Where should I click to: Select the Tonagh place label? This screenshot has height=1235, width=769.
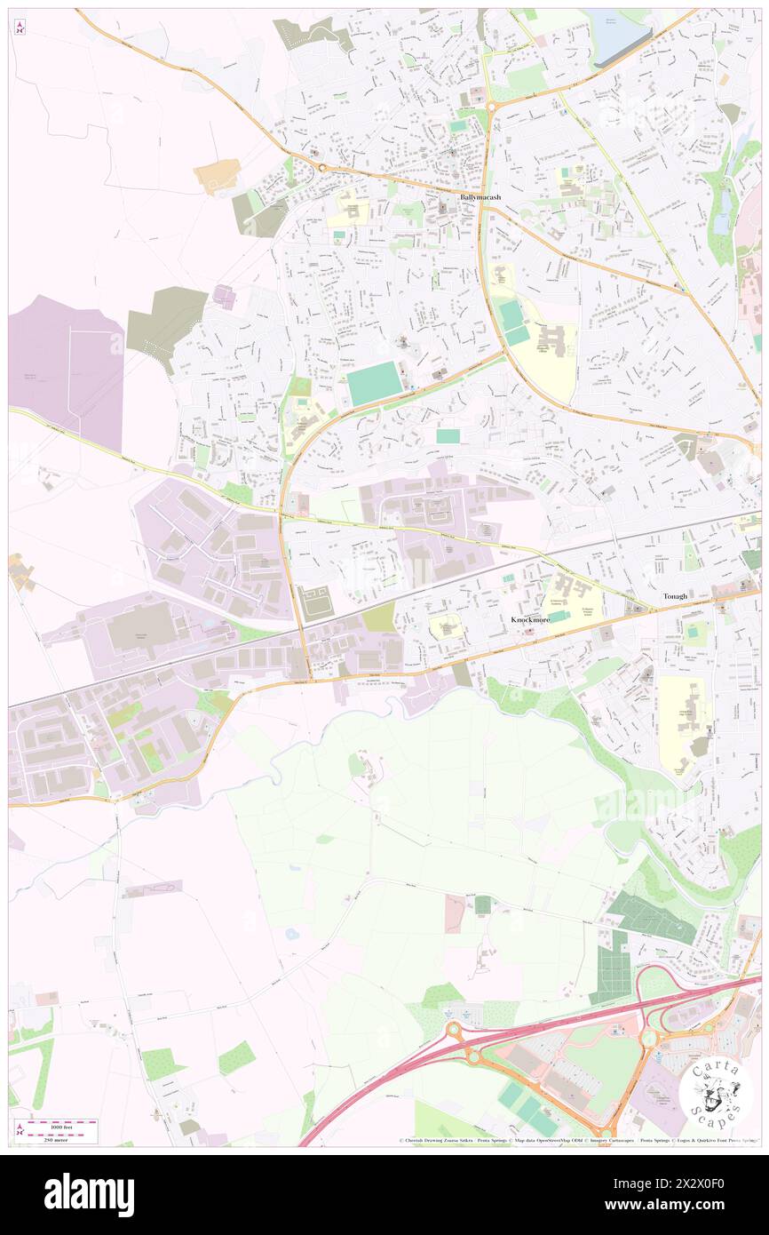[x=674, y=596]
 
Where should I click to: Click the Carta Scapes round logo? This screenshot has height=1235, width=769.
[x=716, y=1092]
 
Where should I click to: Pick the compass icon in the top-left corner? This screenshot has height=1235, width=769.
[x=20, y=27]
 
